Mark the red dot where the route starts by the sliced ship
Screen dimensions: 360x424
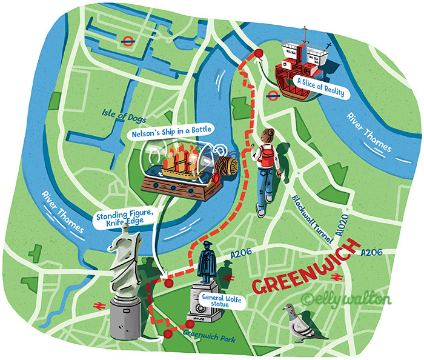click(x=259, y=54)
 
